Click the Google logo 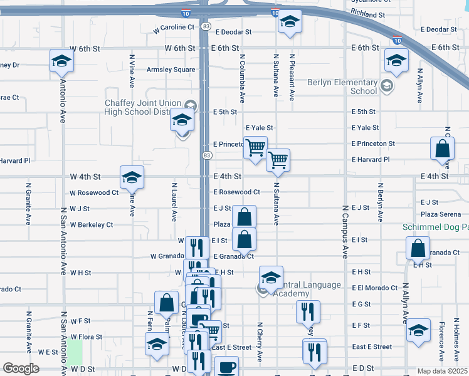21,368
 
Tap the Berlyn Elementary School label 342,86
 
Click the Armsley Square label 171,70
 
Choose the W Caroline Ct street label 174,28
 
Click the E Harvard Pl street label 371,160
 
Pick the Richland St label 368,14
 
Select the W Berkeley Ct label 92,224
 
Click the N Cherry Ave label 259,342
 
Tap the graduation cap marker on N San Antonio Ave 62,61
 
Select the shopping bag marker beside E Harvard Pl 443,149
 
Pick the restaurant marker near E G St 308,311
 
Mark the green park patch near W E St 75,352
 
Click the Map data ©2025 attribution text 442,371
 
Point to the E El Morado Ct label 374,288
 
